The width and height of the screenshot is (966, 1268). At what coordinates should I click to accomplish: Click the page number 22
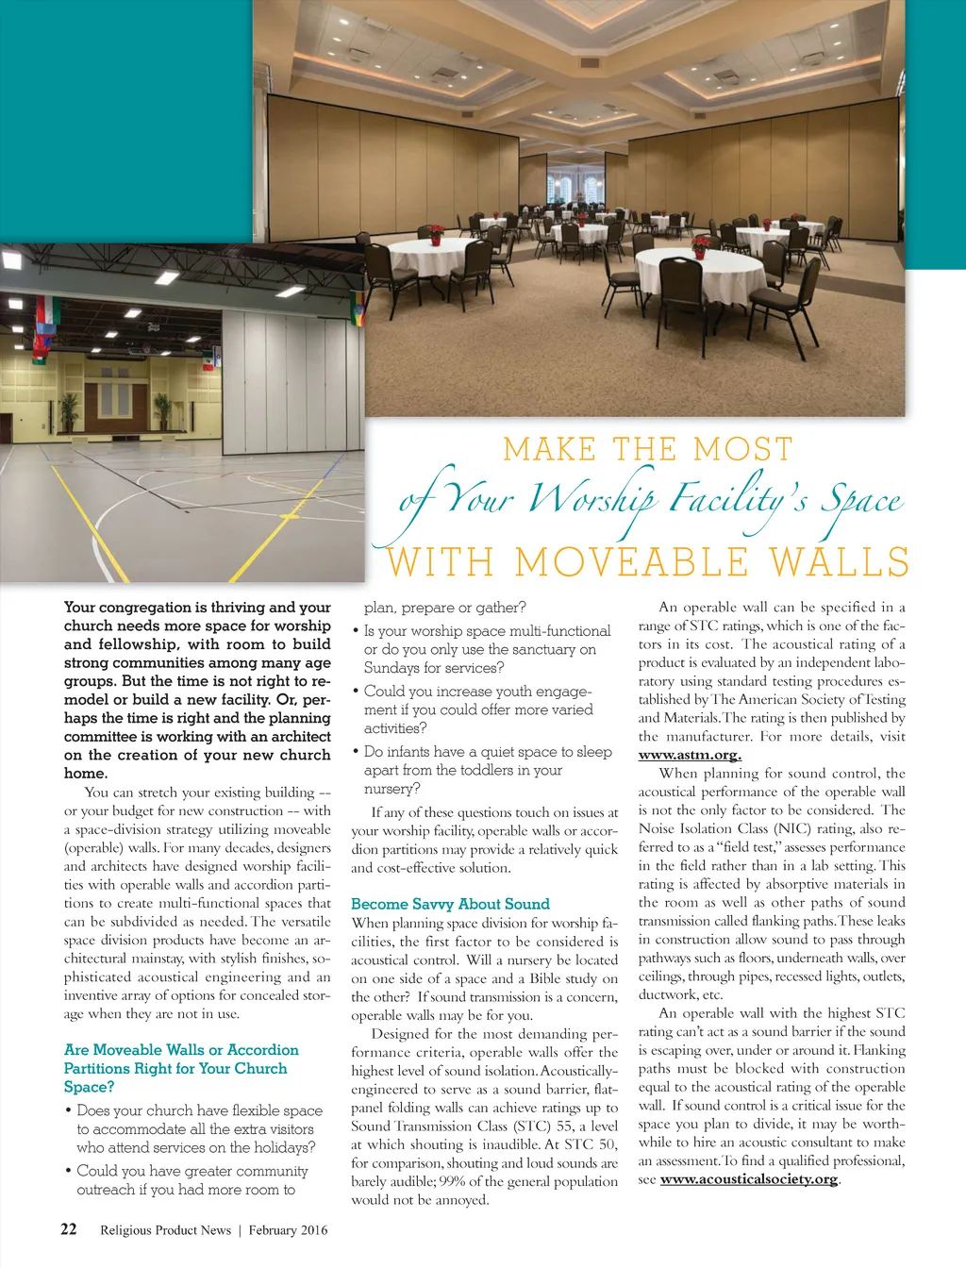69,1228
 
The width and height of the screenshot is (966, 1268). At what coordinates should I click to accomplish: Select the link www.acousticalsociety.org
748,1179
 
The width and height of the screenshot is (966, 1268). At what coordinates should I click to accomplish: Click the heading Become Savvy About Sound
449,903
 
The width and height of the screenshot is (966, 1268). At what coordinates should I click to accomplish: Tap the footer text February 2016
288,1229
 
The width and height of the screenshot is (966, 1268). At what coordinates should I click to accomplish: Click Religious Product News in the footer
165,1229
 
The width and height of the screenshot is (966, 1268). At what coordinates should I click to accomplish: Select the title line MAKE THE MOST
648,448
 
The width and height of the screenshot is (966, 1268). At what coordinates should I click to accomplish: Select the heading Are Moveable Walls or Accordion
180,1049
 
